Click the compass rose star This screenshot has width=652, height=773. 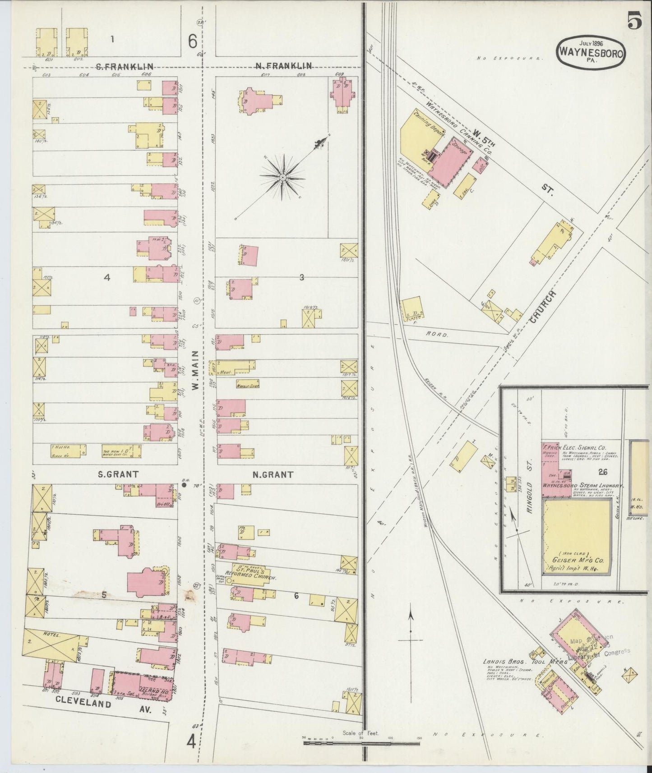point(282,178)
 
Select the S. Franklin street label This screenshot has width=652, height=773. point(124,66)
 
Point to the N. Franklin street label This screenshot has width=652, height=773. point(283,66)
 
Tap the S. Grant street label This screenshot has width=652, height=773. point(118,474)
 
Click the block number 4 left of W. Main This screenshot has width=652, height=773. point(107,277)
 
